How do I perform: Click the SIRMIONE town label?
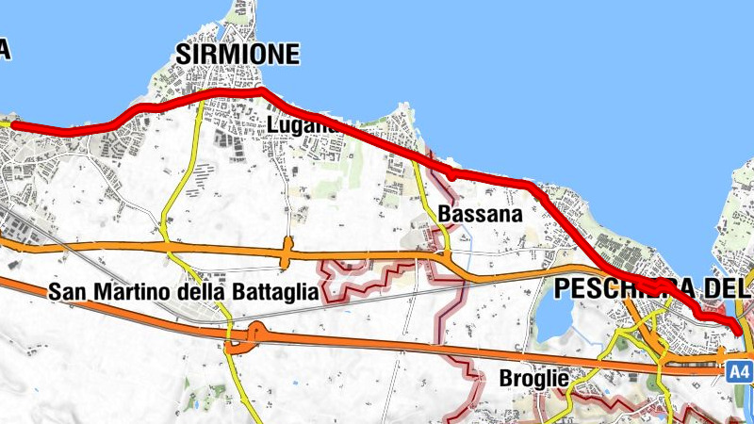[238, 55]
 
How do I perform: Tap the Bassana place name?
[481, 215]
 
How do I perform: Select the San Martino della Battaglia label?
[185, 292]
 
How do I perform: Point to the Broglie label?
[533, 379]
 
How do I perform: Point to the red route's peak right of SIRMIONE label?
[263, 90]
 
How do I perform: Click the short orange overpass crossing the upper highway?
[285, 252]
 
